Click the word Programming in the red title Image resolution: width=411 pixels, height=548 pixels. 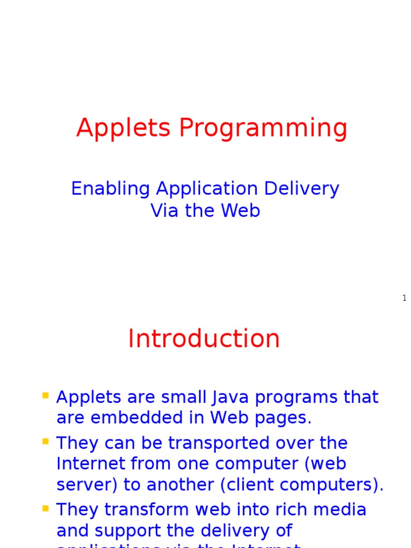(263, 128)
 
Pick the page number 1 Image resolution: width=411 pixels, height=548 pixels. (405, 298)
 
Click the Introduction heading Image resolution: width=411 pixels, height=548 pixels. (204, 339)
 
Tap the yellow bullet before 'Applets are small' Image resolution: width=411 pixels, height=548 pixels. (45, 396)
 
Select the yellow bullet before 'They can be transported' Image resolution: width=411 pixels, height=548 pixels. (45, 442)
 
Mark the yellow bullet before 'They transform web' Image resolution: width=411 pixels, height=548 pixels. (45, 508)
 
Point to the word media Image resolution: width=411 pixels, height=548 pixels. (342, 510)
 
